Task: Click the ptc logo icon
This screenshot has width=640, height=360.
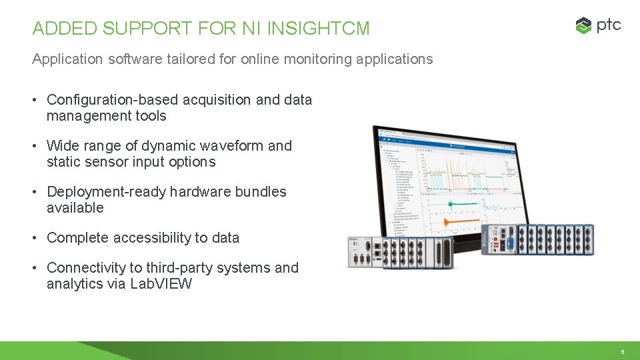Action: click(x=583, y=26)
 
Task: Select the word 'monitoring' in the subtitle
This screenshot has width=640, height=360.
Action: click(x=317, y=59)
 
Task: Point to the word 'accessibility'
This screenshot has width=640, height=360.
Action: click(x=151, y=238)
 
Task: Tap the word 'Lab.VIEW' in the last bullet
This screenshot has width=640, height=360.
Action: click(x=162, y=284)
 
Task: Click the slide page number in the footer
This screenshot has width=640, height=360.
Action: click(x=622, y=351)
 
